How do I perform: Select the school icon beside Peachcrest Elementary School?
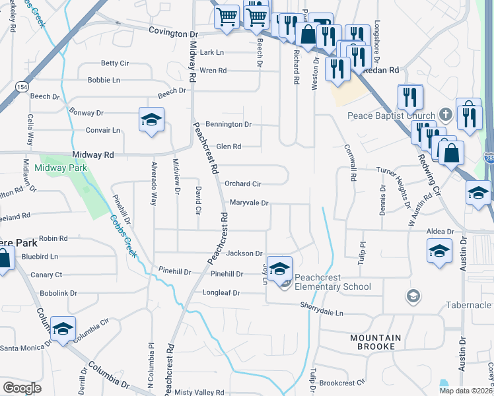pos(280,267)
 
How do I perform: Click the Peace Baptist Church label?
pos(392,115)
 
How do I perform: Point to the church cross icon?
pos(446,115)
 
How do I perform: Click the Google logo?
pos(22,387)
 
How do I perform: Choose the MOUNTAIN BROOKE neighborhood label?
pos(375,342)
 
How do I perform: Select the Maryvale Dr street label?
pos(249,203)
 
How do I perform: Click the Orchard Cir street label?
pos(243,183)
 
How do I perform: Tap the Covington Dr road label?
pos(173,31)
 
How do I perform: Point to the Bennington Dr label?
pos(229,124)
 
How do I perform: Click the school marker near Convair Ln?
pos(152,120)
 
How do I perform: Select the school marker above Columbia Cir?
pos(63,329)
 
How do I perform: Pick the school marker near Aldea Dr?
pos(440,251)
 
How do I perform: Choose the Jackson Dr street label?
pos(244,253)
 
